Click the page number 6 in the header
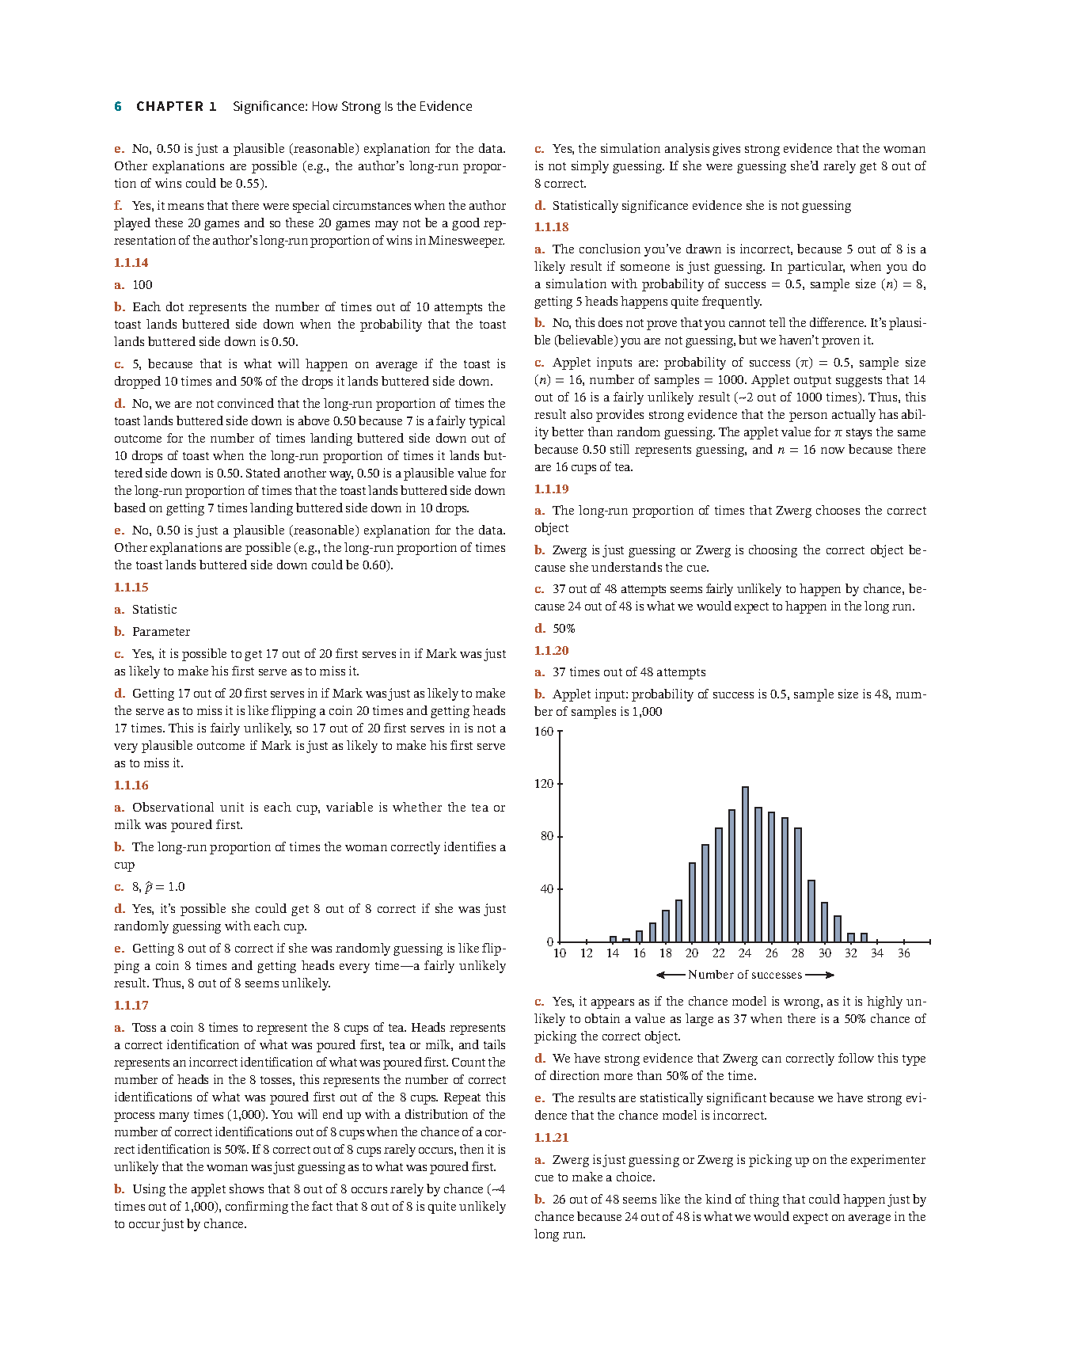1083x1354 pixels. click(118, 106)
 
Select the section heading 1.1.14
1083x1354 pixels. click(131, 262)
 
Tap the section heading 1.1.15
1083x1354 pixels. click(131, 587)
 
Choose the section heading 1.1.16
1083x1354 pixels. click(131, 785)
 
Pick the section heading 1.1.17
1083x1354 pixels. click(131, 1005)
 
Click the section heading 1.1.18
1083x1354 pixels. click(551, 226)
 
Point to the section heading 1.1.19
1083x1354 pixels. click(551, 489)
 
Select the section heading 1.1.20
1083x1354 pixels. click(551, 650)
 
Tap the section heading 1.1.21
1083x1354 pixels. click(551, 1137)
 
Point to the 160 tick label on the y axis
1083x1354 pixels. click(544, 731)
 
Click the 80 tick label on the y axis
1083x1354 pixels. click(546, 836)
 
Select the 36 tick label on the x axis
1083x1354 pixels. click(903, 953)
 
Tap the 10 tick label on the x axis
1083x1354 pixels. click(560, 953)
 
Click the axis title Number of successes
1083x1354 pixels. click(745, 975)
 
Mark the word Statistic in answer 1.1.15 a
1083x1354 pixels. click(154, 609)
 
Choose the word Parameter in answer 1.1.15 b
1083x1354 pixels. click(161, 631)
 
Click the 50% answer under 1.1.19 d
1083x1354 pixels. click(564, 628)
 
